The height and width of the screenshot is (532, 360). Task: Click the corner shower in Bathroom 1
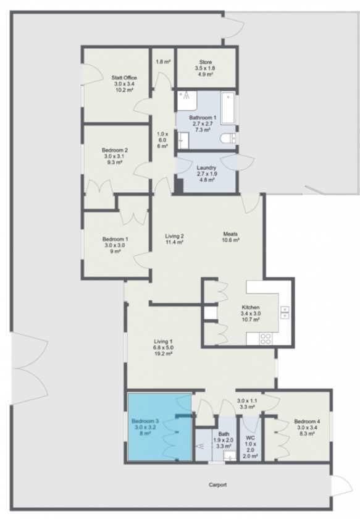[x=185, y=98]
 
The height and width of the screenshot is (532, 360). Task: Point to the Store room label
[x=206, y=62]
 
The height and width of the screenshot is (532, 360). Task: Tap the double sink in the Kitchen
[x=285, y=312]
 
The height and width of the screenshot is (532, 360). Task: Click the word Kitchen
[x=251, y=307]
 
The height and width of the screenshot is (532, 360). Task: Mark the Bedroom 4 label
[x=307, y=421]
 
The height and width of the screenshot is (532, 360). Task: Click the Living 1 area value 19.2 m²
[x=163, y=354]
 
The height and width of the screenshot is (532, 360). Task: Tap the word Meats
[x=231, y=234]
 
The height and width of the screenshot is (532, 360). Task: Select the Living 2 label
[x=175, y=235]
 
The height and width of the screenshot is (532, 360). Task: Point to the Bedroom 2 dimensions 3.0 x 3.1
[x=115, y=156]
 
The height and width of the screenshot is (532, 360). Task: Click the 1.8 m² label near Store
[x=163, y=62]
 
